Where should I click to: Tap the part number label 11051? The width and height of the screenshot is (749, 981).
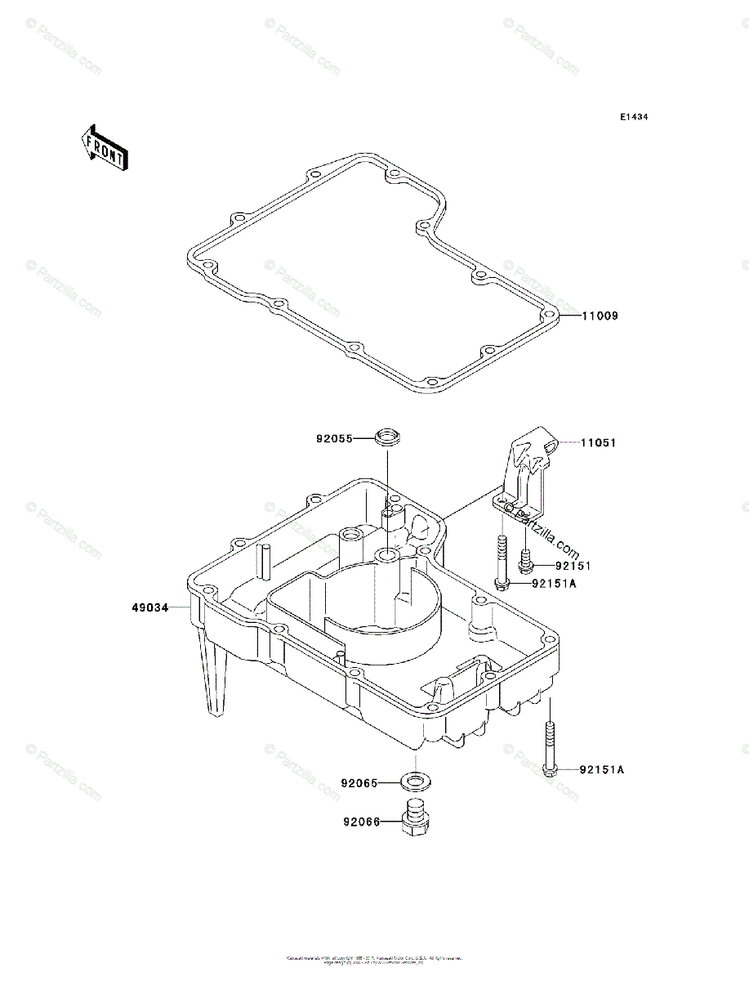599,443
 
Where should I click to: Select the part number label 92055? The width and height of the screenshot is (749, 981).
334,439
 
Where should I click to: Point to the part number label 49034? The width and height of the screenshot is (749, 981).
150,608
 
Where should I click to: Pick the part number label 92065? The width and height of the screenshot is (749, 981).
359,783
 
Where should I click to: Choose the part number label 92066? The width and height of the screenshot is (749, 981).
360,822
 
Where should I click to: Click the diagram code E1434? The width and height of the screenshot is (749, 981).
633,118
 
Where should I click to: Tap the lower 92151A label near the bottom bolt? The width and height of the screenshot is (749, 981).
603,769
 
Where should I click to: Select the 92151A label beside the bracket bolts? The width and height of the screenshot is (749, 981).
555,584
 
